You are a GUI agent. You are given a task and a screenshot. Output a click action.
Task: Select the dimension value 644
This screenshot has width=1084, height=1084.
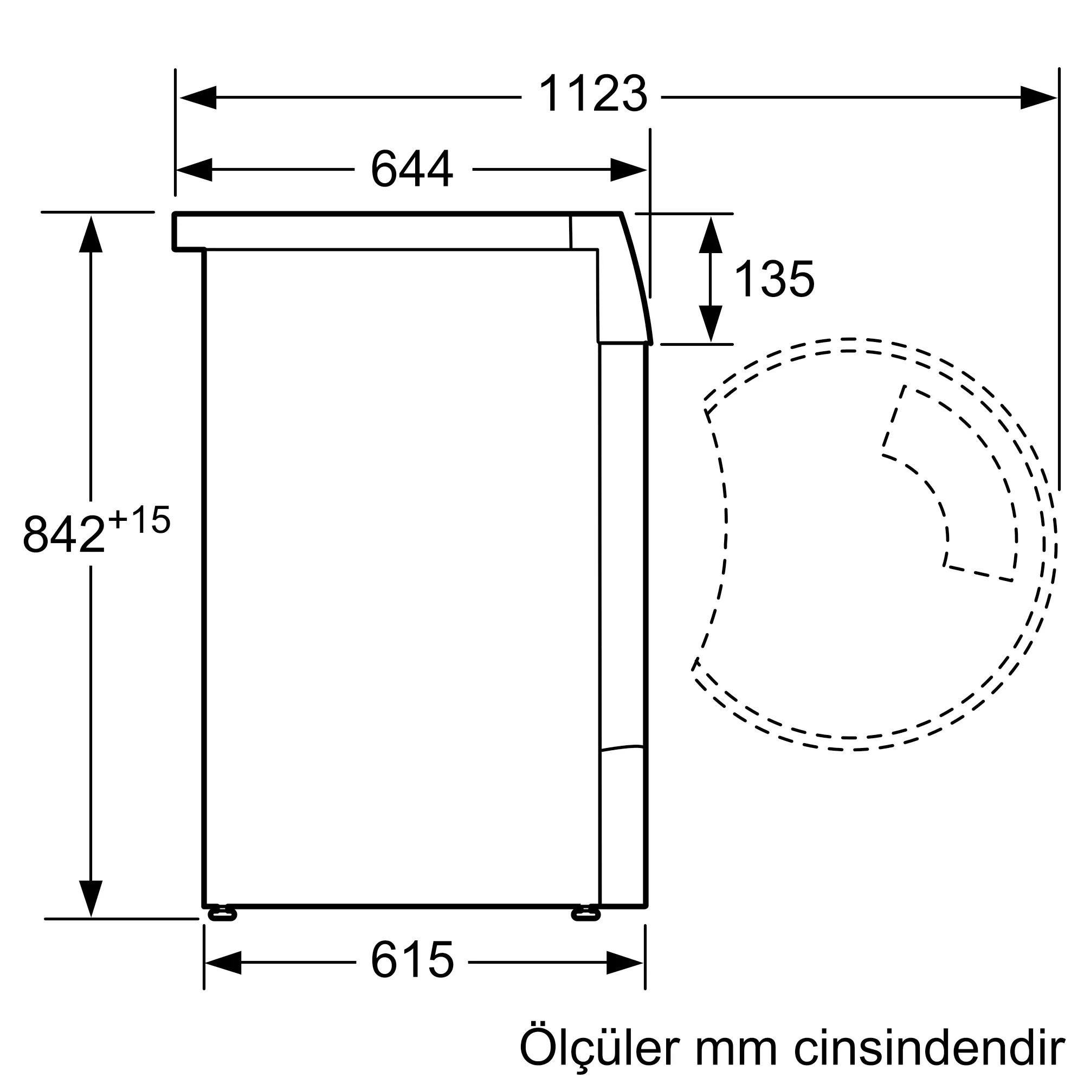coord(411,169)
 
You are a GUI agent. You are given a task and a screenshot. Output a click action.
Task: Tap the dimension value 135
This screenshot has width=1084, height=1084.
coord(774,280)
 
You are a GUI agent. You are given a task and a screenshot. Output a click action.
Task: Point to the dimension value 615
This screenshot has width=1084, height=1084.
coord(412,960)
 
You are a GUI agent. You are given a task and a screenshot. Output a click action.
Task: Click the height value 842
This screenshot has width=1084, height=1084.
coord(64,534)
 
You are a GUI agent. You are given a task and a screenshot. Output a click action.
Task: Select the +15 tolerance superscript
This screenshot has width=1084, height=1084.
coord(139,519)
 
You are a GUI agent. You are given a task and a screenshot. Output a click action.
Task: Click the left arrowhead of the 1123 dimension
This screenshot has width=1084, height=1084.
coord(197,98)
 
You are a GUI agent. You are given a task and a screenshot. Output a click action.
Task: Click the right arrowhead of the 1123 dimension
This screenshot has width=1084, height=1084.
coord(1038,98)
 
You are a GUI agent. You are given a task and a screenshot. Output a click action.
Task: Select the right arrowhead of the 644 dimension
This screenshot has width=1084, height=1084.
coord(628,170)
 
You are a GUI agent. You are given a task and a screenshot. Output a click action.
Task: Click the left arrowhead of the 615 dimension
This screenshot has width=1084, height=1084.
coord(223,962)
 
